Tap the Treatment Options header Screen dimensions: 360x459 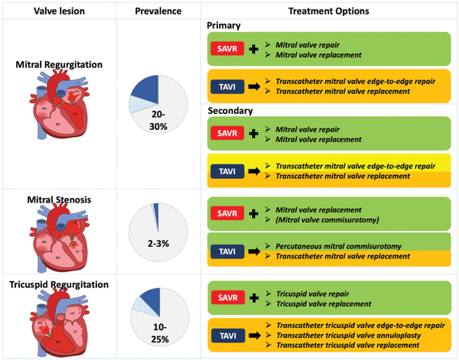point(329,11)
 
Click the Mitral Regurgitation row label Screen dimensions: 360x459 point(59,64)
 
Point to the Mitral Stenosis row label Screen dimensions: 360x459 point(59,199)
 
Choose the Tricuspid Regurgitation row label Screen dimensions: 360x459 point(59,284)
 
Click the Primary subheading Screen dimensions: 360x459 point(224,25)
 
